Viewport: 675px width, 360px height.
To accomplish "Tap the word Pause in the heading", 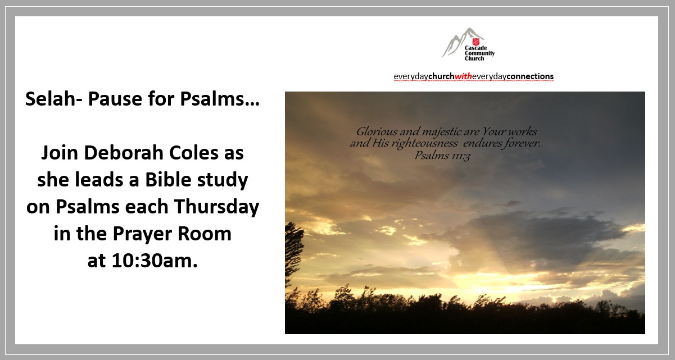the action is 115,99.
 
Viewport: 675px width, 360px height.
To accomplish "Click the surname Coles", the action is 194,153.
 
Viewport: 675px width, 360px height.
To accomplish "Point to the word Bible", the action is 168,180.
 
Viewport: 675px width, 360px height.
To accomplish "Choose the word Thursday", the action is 216,207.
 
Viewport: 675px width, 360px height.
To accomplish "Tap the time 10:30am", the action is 155,261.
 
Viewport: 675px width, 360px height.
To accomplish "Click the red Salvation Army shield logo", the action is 475,42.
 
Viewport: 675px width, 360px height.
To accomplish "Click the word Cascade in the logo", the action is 475,48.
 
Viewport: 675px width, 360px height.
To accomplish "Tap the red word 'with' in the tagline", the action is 463,76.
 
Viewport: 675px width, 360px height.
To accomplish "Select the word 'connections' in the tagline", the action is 530,76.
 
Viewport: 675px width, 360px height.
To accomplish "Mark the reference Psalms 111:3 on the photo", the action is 442,156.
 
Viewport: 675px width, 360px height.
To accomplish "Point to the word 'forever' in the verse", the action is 522,143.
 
